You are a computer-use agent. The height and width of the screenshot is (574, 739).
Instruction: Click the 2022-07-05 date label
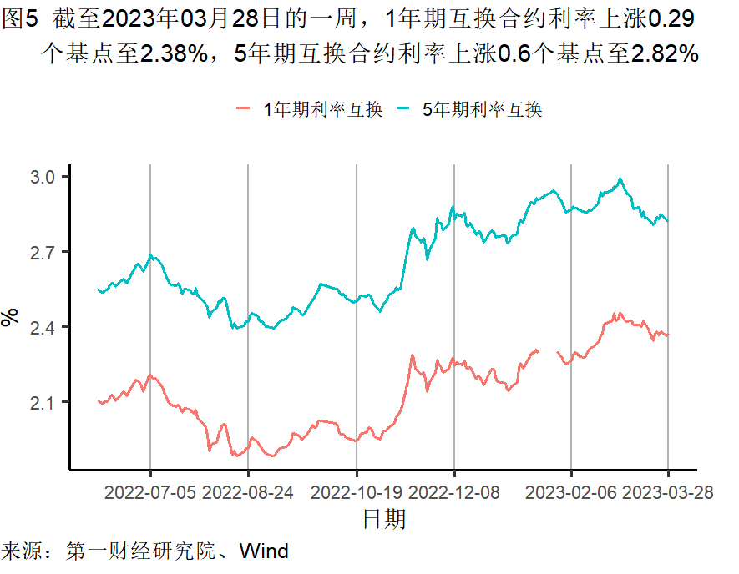tap(150, 492)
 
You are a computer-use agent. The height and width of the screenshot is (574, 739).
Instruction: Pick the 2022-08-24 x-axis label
tap(248, 492)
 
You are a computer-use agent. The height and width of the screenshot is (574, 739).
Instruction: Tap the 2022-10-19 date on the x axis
tap(357, 492)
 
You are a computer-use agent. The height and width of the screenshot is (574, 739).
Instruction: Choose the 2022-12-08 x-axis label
tap(454, 492)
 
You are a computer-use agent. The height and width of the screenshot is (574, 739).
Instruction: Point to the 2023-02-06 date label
tap(571, 492)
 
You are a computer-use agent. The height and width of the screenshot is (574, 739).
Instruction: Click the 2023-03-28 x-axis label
tap(669, 492)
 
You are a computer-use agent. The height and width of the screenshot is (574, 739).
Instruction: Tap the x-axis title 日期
tap(384, 520)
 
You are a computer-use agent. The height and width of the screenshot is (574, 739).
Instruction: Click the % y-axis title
tap(11, 317)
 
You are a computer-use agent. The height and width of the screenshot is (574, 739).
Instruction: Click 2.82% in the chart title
tap(664, 55)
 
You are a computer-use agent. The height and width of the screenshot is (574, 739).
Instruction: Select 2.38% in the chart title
tap(174, 55)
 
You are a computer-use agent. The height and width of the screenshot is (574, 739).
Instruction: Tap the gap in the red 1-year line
tap(548, 351)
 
